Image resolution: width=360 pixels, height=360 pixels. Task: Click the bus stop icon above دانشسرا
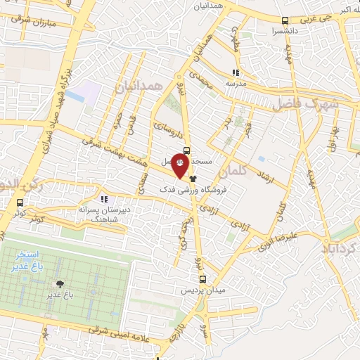285,21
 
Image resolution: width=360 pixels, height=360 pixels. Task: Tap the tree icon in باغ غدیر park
60,284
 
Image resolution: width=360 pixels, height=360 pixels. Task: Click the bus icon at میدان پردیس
202,280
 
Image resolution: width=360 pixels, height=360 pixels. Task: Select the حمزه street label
117,123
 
